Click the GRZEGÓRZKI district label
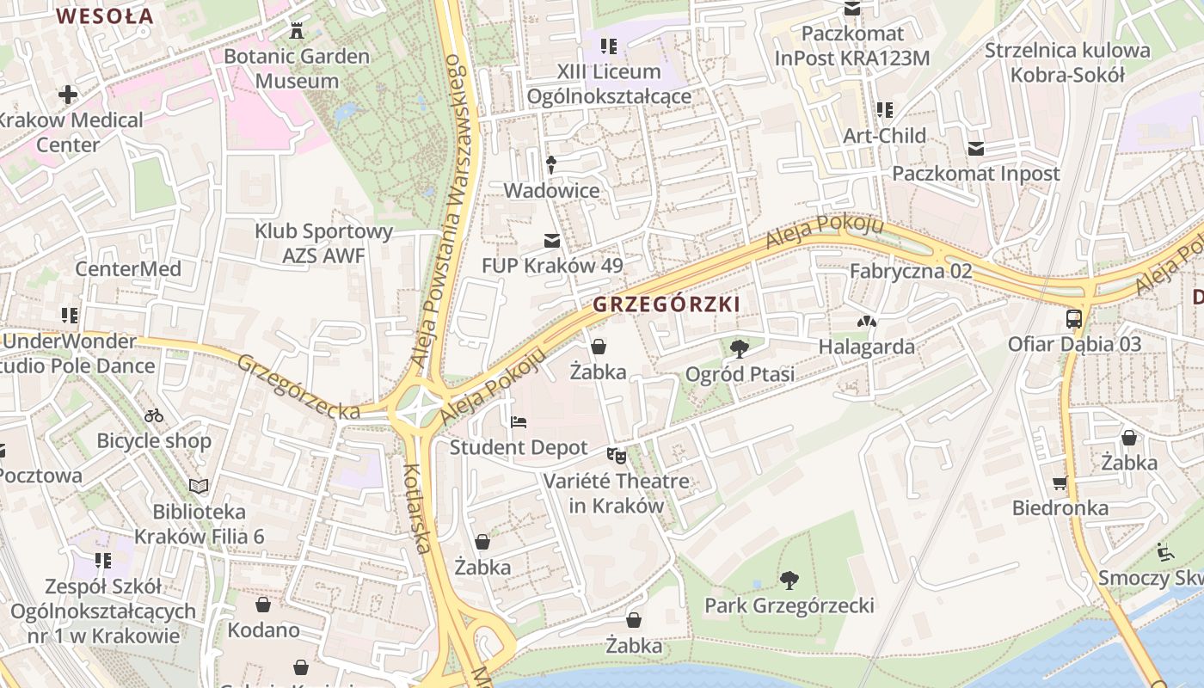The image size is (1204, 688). click(666, 304)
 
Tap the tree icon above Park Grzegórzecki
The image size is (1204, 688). click(789, 580)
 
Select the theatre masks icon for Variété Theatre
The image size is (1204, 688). click(616, 456)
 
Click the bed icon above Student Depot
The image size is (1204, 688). click(519, 422)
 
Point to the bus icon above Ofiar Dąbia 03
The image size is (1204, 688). click(1074, 319)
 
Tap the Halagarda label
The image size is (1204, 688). click(866, 347)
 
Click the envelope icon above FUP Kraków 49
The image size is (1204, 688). click(551, 240)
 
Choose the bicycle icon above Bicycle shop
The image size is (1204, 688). click(154, 415)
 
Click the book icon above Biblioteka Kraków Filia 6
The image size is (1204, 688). click(199, 487)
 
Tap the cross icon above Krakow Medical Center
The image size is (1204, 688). click(68, 95)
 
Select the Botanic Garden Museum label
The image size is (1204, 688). click(297, 69)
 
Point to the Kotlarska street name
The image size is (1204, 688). click(417, 507)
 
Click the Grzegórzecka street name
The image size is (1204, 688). click(298, 388)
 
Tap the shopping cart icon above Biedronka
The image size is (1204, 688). click(1060, 482)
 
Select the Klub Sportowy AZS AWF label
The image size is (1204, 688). click(323, 243)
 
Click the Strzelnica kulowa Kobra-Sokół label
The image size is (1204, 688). click(1066, 63)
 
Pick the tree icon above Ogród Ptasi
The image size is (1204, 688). click(738, 348)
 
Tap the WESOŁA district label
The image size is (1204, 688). click(104, 15)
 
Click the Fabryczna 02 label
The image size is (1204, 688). click(910, 271)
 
